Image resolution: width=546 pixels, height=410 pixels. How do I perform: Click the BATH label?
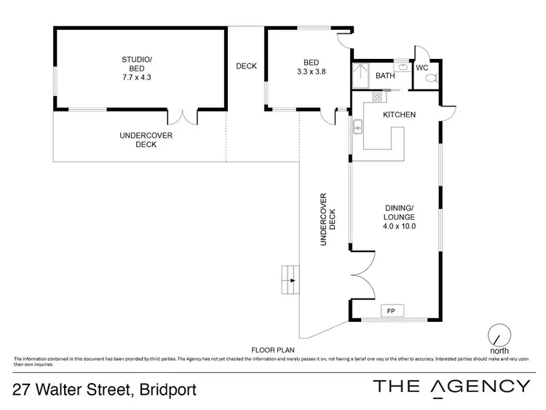[x=384, y=76]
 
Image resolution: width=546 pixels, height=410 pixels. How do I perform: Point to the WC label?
[x=422, y=68]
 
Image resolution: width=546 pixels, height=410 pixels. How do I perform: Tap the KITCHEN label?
[x=399, y=115]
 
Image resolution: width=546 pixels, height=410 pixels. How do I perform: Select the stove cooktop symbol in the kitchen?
[x=377, y=97]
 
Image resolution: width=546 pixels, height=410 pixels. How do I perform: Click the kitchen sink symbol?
[x=358, y=130]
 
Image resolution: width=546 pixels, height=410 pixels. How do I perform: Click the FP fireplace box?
[x=390, y=311]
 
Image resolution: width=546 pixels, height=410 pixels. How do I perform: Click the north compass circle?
[x=499, y=334]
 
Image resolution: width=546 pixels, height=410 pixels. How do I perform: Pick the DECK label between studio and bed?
[x=246, y=66]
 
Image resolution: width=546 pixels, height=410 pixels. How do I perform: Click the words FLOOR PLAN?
[x=271, y=349]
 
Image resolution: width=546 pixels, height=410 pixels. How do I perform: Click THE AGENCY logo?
[x=451, y=387]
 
